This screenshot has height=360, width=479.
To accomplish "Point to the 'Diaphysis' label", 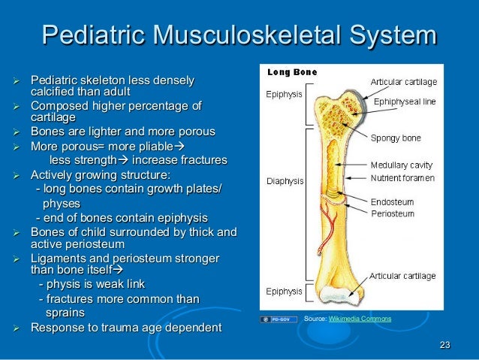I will [x=285, y=181].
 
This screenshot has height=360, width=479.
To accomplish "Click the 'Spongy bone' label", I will [x=396, y=138].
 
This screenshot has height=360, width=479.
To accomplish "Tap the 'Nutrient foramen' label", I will [x=403, y=178].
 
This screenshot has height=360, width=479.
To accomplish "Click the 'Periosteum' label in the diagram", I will [x=393, y=213].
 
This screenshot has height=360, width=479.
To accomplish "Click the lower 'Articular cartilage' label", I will [x=403, y=275].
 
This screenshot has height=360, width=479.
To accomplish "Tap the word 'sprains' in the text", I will [x=65, y=312].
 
